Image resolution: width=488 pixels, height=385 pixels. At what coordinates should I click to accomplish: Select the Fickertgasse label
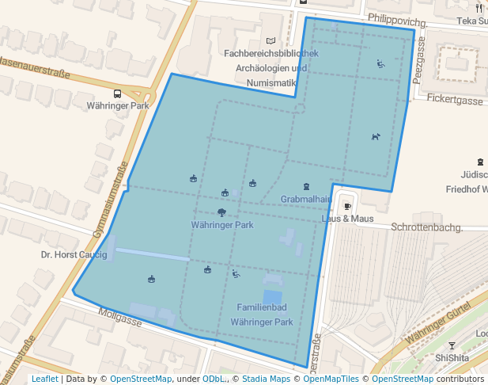click(454, 101)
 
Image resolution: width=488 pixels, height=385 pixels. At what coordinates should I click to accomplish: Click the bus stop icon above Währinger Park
click(118, 93)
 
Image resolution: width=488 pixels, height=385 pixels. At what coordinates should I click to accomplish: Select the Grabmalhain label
click(305, 199)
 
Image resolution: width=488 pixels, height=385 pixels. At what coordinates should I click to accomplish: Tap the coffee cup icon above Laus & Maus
click(347, 207)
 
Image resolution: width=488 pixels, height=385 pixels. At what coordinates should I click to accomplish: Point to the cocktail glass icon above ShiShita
click(452, 346)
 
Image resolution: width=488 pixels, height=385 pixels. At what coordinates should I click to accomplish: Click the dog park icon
click(376, 136)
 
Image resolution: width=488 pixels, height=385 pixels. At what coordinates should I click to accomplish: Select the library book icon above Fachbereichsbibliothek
click(271, 40)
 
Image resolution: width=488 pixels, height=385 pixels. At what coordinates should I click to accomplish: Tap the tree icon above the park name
click(221, 212)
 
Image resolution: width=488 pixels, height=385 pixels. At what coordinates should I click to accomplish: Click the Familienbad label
click(262, 307)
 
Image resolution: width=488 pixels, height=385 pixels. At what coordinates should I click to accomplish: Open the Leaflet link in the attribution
click(44, 379)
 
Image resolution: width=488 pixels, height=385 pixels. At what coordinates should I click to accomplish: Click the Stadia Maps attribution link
click(266, 379)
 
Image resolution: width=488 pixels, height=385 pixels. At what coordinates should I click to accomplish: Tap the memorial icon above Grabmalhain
click(305, 187)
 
